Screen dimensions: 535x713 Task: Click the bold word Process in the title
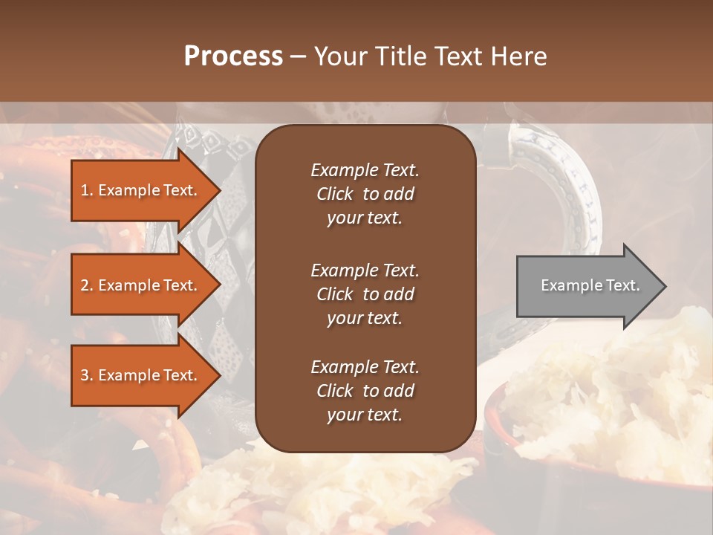tap(233, 56)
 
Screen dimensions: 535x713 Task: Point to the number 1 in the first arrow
tap(85, 190)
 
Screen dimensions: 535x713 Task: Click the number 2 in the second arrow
tap(85, 285)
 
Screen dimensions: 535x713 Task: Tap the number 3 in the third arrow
tap(85, 375)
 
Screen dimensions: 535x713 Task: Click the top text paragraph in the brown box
tap(365, 194)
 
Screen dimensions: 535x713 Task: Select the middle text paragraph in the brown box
tap(365, 294)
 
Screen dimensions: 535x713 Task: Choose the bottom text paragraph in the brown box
tap(365, 391)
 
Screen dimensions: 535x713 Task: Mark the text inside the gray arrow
tap(590, 285)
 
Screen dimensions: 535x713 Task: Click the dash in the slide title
tap(298, 56)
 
